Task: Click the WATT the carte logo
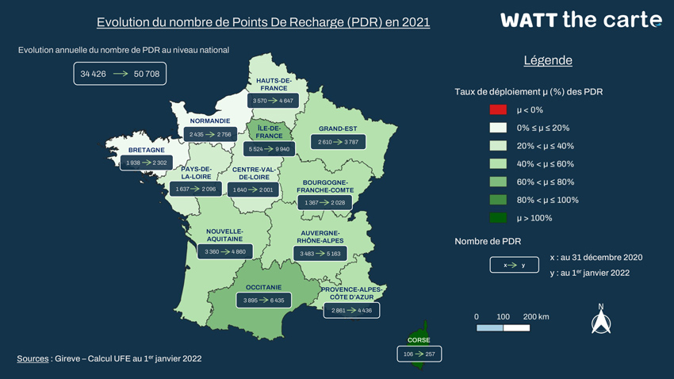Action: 580,20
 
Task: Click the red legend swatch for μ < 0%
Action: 498,109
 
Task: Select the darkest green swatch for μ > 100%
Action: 498,218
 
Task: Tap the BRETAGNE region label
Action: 147,150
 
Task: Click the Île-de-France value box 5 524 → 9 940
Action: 269,149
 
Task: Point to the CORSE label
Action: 419,340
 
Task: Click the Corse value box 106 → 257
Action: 419,354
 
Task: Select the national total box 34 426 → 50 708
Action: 120,74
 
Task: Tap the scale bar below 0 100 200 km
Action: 503,327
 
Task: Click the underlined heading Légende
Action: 548,60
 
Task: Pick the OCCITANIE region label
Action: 263,288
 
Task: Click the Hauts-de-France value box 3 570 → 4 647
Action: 273,101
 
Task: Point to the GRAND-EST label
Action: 338,128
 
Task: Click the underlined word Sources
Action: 33,358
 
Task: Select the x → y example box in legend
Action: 514,265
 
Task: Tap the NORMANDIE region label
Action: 210,121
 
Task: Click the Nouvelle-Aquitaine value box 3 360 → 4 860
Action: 225,251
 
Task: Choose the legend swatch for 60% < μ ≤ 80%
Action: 498,182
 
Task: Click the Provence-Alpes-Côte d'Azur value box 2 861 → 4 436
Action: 351,310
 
